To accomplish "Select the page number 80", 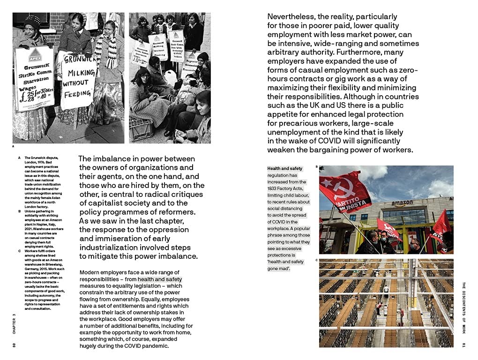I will (15, 345).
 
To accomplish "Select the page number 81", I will (463, 345).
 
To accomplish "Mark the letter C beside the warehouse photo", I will (316, 260).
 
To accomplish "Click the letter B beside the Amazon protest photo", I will (316, 166).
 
